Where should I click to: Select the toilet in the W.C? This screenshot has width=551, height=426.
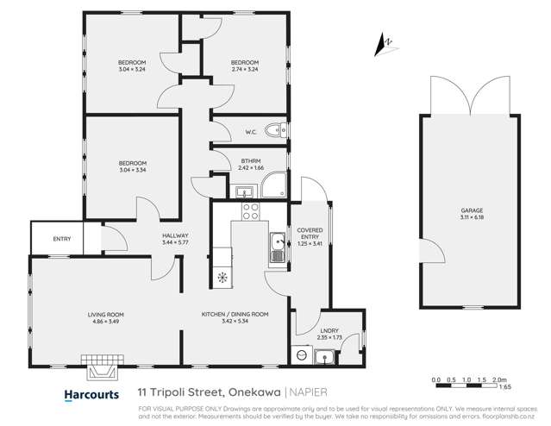[275, 131]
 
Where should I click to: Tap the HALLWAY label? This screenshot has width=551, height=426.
[174, 235]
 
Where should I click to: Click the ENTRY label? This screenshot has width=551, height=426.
[62, 239]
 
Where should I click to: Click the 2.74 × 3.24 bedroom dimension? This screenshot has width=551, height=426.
[244, 70]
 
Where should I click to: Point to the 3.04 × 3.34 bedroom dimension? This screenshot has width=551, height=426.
[132, 170]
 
